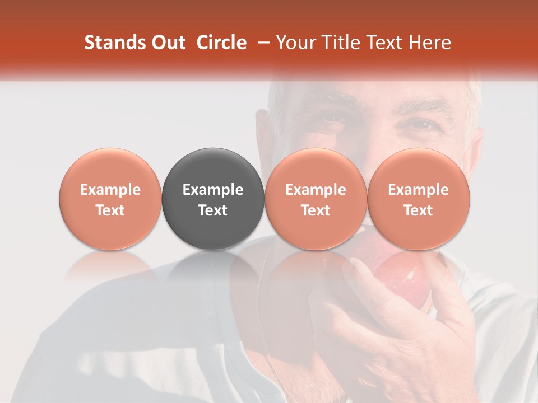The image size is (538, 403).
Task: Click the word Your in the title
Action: pyautogui.click(x=294, y=43)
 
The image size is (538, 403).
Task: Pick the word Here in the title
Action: pyautogui.click(x=430, y=43)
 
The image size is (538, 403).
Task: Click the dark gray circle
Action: pyautogui.click(x=213, y=199)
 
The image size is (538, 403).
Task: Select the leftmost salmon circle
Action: pyautogui.click(x=110, y=199)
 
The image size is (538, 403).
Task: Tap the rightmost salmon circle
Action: pyautogui.click(x=419, y=199)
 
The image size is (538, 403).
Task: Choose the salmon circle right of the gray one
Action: pyautogui.click(x=316, y=199)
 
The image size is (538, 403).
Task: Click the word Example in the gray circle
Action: pyautogui.click(x=213, y=190)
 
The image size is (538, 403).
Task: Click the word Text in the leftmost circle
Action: pyautogui.click(x=110, y=210)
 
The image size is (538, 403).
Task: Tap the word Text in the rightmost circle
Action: pyautogui.click(x=419, y=210)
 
